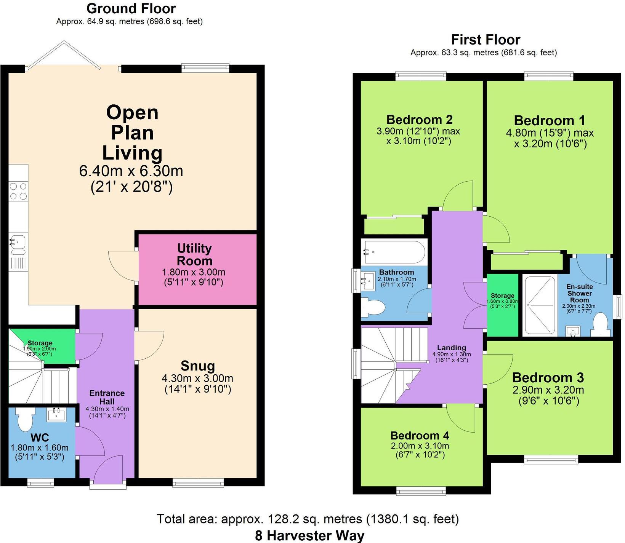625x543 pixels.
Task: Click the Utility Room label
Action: tap(194, 254)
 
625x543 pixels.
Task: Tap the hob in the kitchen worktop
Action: tap(18, 191)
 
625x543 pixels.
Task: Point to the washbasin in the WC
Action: tap(56, 414)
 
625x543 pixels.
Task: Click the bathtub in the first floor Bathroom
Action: tap(394, 252)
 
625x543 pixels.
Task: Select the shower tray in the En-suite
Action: tap(540, 305)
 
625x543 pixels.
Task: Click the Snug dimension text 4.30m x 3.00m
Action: tap(197, 378)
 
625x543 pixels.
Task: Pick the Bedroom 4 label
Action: tap(420, 435)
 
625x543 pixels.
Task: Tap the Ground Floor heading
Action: tap(131, 8)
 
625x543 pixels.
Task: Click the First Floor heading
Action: tap(485, 40)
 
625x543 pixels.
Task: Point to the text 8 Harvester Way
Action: tap(309, 535)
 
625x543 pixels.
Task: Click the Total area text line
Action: tap(308, 519)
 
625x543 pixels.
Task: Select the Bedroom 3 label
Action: tap(548, 377)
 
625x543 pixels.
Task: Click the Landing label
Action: tap(451, 347)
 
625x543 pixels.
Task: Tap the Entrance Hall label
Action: tap(107, 397)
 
